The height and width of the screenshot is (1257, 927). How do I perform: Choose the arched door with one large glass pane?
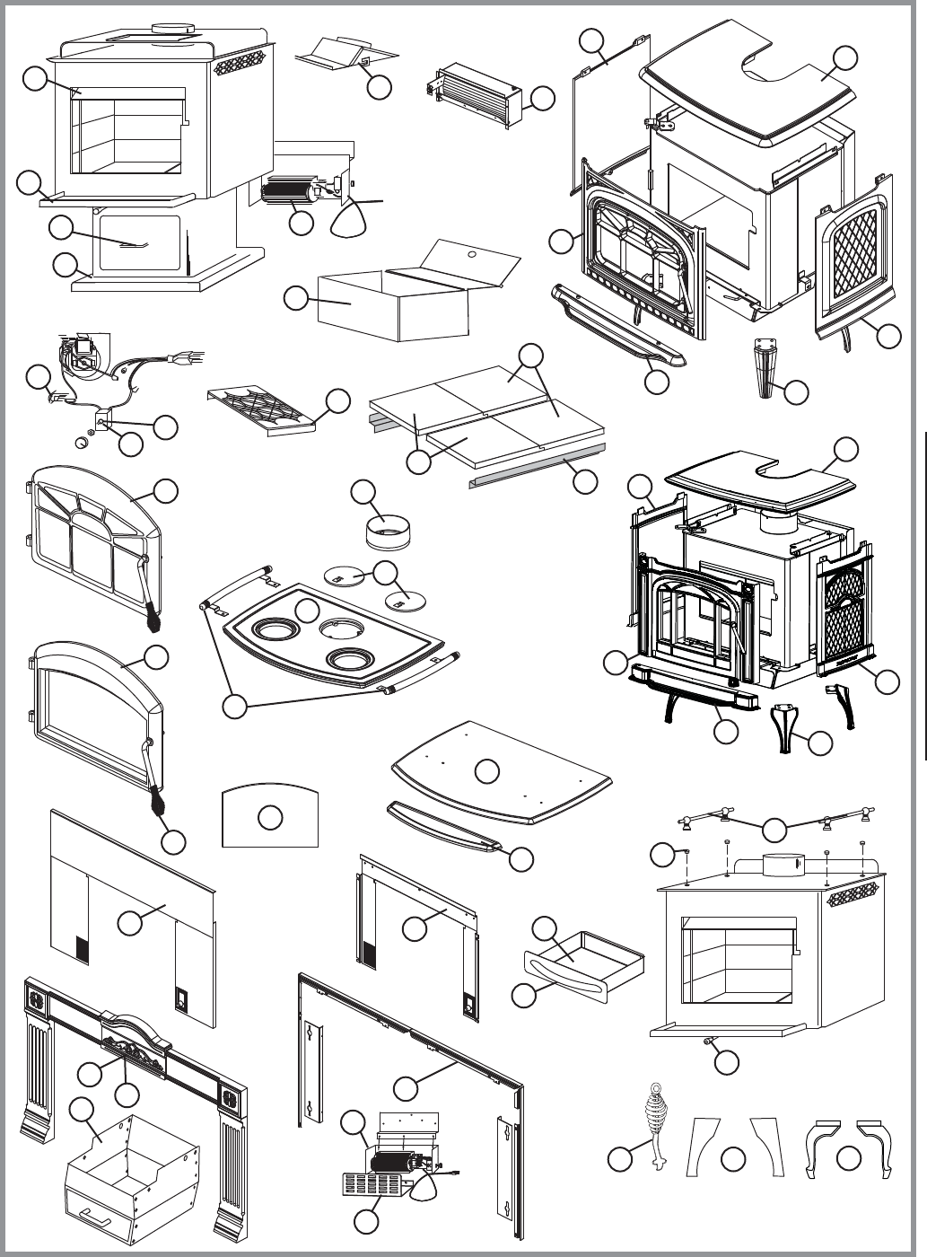pos(94,709)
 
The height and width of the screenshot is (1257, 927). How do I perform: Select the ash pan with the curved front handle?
pos(583,968)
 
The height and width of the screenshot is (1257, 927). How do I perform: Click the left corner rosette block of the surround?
pos(38,999)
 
